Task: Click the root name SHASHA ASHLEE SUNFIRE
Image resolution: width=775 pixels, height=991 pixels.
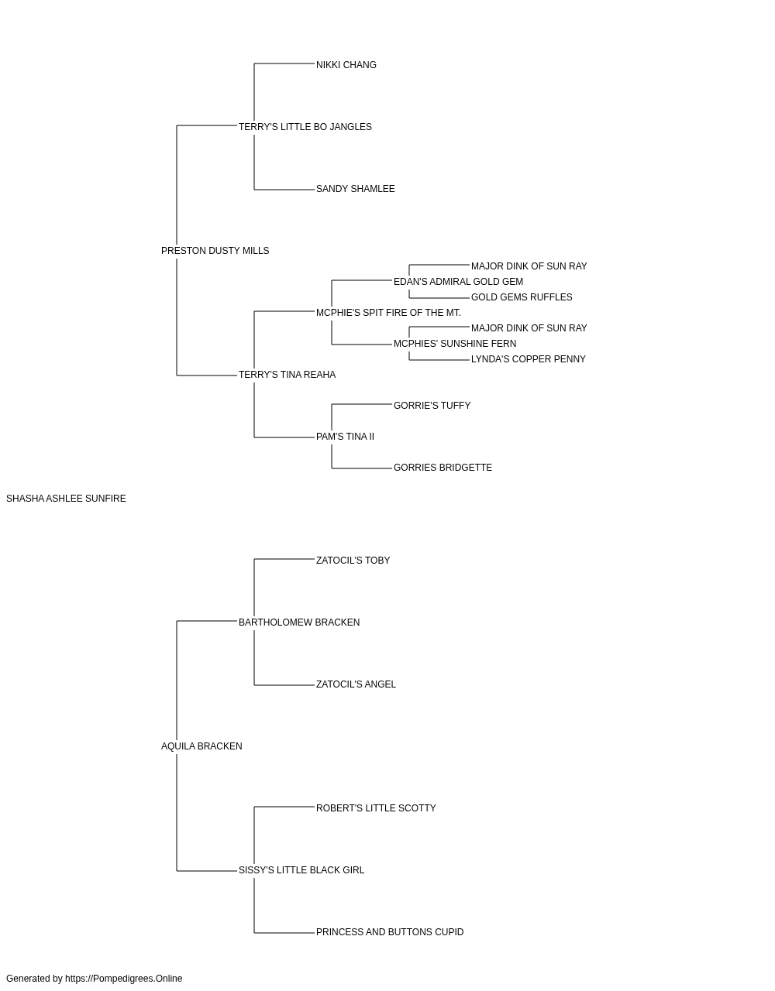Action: coord(66,499)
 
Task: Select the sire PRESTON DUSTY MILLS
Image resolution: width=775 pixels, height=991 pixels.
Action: coord(215,251)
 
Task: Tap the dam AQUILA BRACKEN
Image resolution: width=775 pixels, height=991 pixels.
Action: coord(201,746)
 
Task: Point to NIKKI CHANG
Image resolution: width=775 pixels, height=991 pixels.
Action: coord(346,65)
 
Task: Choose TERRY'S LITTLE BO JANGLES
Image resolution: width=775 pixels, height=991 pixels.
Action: coord(305,127)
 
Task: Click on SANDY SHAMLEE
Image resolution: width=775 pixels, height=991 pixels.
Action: coord(356,189)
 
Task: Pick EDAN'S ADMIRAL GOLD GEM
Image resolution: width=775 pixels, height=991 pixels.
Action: coord(458,282)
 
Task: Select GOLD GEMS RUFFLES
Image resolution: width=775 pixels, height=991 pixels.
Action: coord(522,297)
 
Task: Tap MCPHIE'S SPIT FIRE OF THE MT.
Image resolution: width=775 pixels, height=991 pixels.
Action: coord(388,313)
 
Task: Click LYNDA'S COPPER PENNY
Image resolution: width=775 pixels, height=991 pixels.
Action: coord(529,359)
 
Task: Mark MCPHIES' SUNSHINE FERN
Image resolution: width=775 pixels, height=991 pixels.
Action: coord(455,344)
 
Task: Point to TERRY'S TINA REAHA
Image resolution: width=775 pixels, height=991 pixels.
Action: coord(287,375)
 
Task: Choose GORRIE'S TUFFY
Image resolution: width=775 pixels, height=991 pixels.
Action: coord(432,406)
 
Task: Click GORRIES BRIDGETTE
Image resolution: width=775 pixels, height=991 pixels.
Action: coord(443,468)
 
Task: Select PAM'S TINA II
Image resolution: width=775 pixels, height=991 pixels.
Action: coord(345,437)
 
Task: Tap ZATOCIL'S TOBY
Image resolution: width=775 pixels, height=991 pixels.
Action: coord(353,561)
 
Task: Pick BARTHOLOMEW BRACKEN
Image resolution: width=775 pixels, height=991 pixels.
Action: coord(299,622)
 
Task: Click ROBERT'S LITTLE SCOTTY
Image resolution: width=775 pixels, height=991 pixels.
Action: coord(376,808)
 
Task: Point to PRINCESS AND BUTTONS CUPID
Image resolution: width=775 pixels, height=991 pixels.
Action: coord(390,932)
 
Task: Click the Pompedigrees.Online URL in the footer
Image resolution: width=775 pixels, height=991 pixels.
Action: coord(124,979)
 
